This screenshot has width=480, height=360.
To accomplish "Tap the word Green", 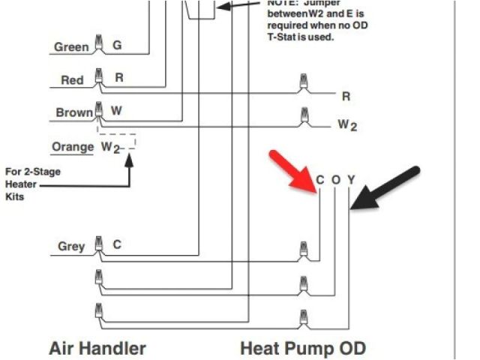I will pyautogui.click(x=70, y=47).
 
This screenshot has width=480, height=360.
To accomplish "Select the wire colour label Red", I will pyautogui.click(x=72, y=80).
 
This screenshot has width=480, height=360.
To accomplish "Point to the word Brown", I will pyautogui.click(x=74, y=113).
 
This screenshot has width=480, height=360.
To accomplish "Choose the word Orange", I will pyautogui.click(x=72, y=147).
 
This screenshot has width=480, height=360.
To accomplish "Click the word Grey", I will pyautogui.click(x=71, y=246).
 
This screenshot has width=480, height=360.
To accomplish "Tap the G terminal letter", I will pyautogui.click(x=117, y=46).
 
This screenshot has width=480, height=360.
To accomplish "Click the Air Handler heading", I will pyautogui.click(x=97, y=348).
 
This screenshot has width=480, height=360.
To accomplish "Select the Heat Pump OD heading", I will pyautogui.click(x=302, y=348).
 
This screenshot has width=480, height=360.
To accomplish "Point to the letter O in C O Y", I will pyautogui.click(x=335, y=180).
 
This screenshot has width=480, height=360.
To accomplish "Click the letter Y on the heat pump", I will pyautogui.click(x=350, y=180).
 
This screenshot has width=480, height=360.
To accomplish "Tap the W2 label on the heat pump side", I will pyautogui.click(x=346, y=124).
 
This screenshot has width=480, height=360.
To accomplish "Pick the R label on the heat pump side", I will pyautogui.click(x=346, y=97).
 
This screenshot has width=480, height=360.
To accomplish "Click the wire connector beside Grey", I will pyautogui.click(x=97, y=244).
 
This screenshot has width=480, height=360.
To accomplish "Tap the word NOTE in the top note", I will pyautogui.click(x=283, y=2).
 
